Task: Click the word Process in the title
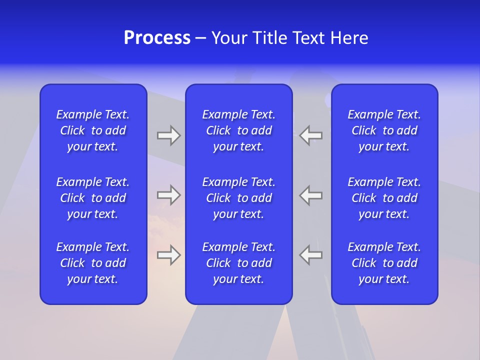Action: tap(157, 38)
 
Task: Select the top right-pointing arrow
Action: tap(168, 135)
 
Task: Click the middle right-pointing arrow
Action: tap(168, 195)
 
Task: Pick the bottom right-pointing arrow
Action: tap(168, 255)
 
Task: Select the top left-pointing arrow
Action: tap(311, 135)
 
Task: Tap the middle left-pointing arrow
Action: tap(311, 195)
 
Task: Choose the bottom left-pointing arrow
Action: tap(311, 255)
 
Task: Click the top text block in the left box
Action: tap(93, 130)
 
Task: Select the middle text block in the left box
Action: tap(93, 198)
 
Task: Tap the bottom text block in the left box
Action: tap(93, 263)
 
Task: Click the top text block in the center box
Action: tap(238, 130)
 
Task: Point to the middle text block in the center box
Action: tap(238, 198)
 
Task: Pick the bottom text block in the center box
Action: tap(238, 263)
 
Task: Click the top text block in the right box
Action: tap(384, 130)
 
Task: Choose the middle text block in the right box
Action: tap(384, 198)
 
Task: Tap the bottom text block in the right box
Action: tap(384, 263)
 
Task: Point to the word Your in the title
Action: tap(229, 38)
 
